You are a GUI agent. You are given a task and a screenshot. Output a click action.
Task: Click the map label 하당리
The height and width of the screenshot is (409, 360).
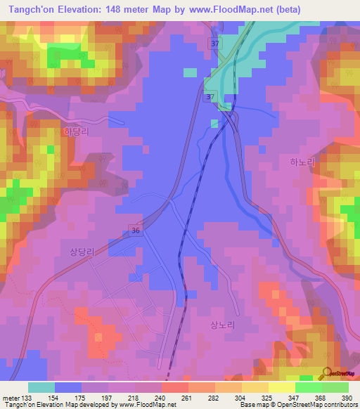coord(77,131)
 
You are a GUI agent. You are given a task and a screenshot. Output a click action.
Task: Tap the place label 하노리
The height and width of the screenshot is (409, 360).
coord(303,162)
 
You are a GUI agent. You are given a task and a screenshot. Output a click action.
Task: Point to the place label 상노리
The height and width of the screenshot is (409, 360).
coord(221,325)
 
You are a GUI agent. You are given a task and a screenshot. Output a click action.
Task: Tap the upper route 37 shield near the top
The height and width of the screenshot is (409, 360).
coord(214,44)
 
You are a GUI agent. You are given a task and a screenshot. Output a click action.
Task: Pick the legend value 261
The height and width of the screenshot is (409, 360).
coord(187,397)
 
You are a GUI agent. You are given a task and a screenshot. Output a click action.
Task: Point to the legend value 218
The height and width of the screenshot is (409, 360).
coord(134,397)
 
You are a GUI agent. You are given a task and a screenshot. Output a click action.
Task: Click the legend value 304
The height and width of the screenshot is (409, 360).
coord(240,397)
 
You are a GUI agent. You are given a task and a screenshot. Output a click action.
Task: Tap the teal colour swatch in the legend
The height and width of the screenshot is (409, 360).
coord(41,387)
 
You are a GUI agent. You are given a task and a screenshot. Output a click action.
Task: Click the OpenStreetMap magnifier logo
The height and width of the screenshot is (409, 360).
coord(327,372)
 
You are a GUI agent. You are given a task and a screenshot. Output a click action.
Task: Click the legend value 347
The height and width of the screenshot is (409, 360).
coord(295,397)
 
